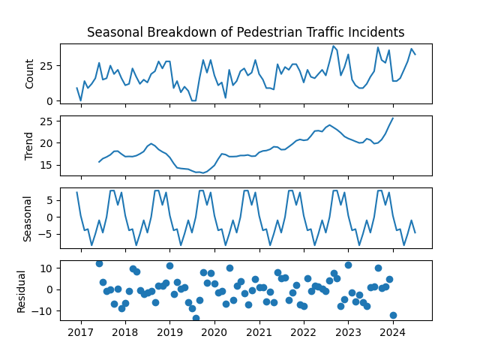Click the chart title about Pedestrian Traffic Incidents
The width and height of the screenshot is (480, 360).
click(x=245, y=32)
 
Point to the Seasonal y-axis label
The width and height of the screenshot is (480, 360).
click(x=27, y=217)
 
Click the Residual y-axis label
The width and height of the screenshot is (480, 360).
click(x=22, y=289)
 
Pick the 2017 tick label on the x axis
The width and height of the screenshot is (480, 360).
click(x=81, y=331)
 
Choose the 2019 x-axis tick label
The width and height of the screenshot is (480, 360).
click(x=169, y=331)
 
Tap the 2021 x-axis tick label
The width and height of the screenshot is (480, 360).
click(x=259, y=331)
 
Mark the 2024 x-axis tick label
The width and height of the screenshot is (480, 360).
click(x=392, y=331)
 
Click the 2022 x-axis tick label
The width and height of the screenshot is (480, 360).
click(x=303, y=331)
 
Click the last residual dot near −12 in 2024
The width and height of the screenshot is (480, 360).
click(x=393, y=315)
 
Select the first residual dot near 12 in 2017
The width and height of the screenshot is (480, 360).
click(x=99, y=263)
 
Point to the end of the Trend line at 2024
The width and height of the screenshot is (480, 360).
click(x=392, y=118)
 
